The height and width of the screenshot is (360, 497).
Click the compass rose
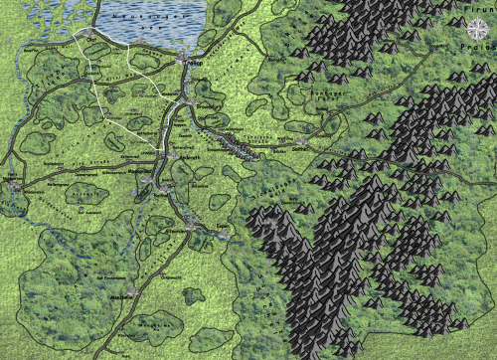coord(480,26)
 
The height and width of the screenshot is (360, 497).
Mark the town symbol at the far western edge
coord(13,184)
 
